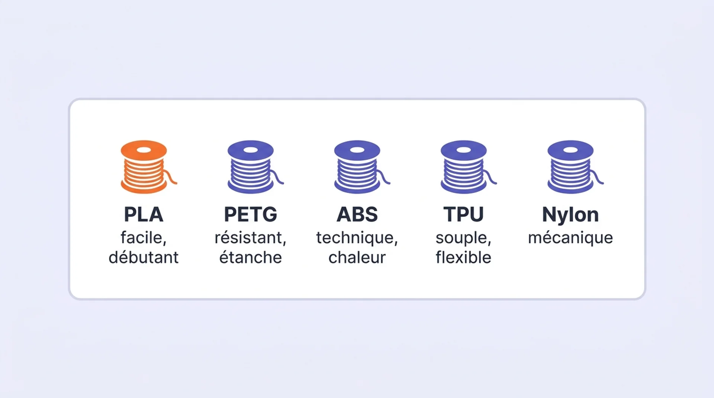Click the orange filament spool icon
(145, 167)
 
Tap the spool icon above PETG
(252, 167)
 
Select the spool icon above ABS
(358, 167)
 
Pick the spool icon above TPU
(465, 167)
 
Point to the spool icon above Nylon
(572, 167)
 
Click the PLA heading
(144, 215)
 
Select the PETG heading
(251, 215)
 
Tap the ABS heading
(357, 215)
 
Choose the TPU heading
(464, 215)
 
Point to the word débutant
(144, 257)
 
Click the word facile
(141, 238)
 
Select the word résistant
(248, 238)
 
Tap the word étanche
(251, 257)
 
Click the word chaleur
(357, 257)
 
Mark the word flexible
(464, 257)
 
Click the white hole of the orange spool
(144, 150)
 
